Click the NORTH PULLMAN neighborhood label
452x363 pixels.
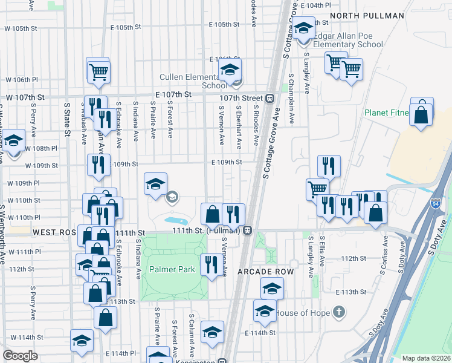[367, 16]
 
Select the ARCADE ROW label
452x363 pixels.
[265, 272]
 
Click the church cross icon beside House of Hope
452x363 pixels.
[340, 313]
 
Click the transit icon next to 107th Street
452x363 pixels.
[270, 98]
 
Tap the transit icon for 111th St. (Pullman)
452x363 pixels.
[248, 231]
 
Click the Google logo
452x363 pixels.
[20, 356]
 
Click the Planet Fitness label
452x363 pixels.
[387, 113]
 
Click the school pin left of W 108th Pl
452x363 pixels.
[15, 142]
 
